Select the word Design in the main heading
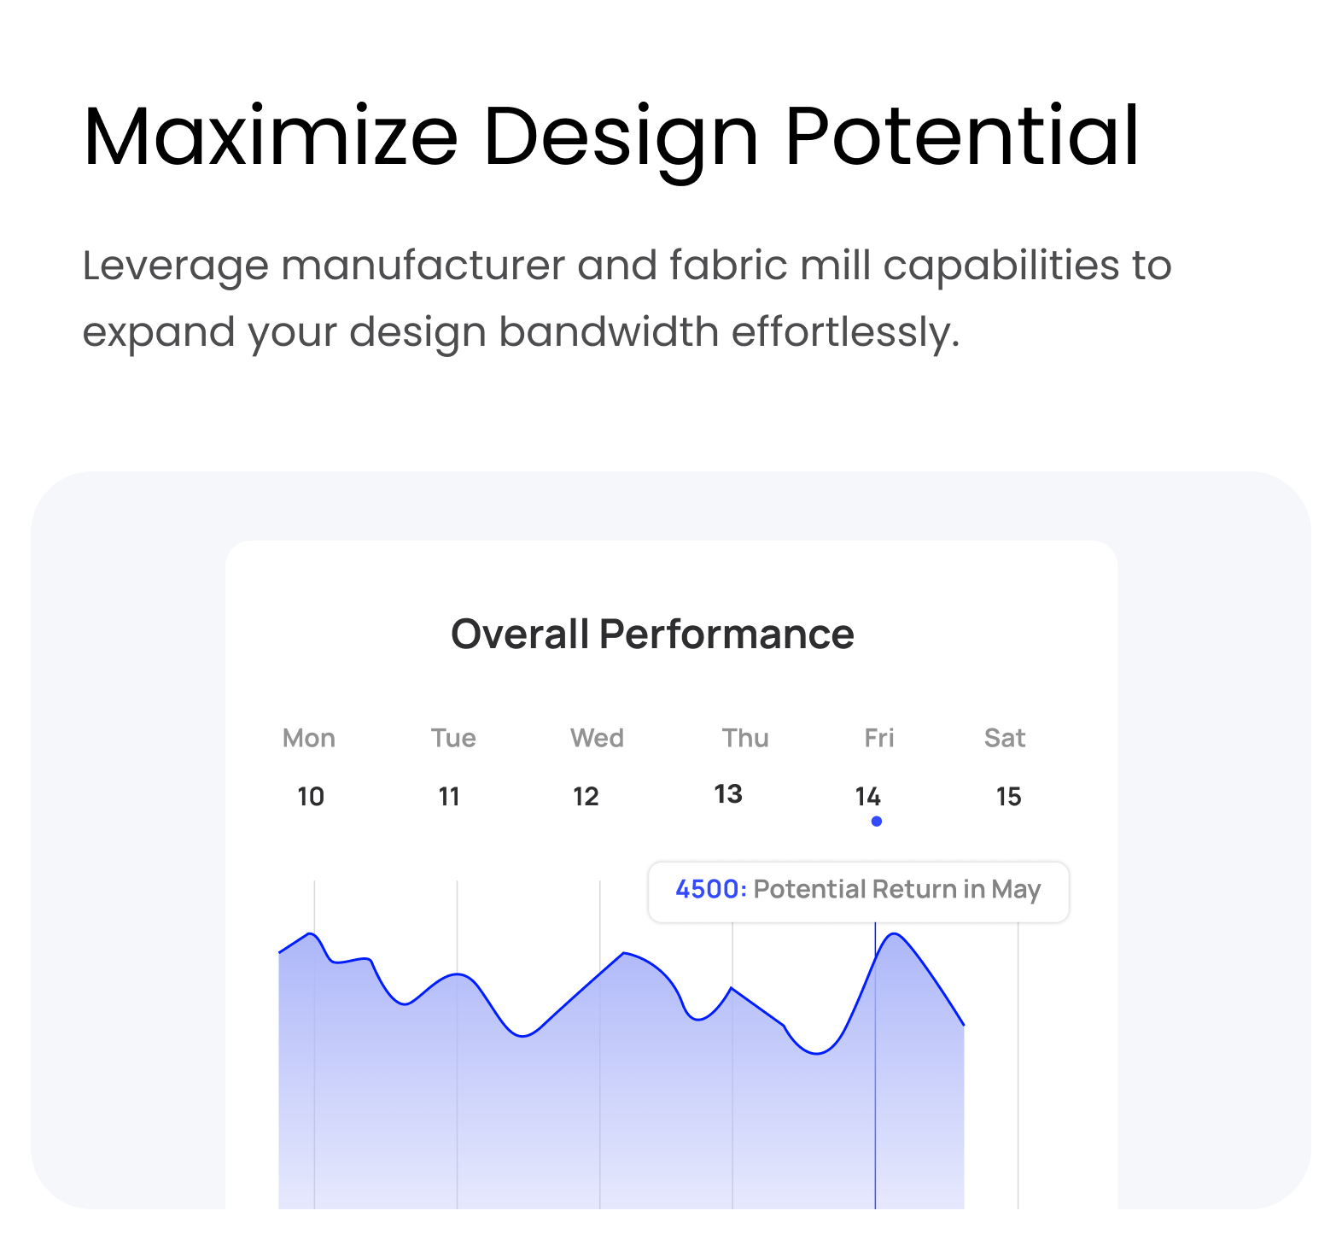pos(621,142)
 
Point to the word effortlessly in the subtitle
pos(845,331)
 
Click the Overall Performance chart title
pos(652,634)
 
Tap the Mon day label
pos(309,738)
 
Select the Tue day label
pos(453,738)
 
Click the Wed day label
pos(597,738)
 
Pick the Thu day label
pos(745,738)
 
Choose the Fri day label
pos(879,738)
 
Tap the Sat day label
pos(1005,738)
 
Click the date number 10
pos(311,797)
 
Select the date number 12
pos(586,797)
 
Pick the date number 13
pos(728,794)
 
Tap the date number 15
pos(1008,797)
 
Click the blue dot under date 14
pos(877,822)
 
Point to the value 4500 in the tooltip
pos(707,889)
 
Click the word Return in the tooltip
pos(914,889)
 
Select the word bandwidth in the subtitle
pos(609,331)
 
